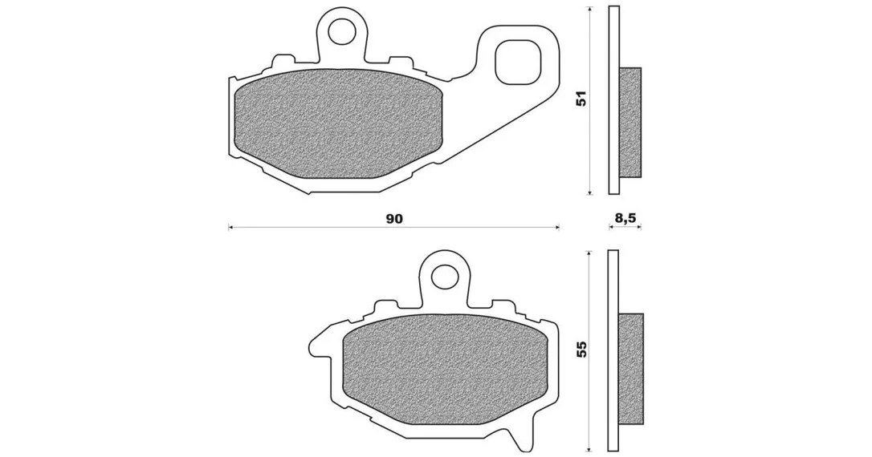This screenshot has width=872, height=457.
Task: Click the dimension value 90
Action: click(393, 219)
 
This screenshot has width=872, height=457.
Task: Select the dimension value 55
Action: click(581, 349)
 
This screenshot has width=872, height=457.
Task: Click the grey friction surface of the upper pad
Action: click(340, 125)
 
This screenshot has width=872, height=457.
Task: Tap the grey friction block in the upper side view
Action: click(630, 122)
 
